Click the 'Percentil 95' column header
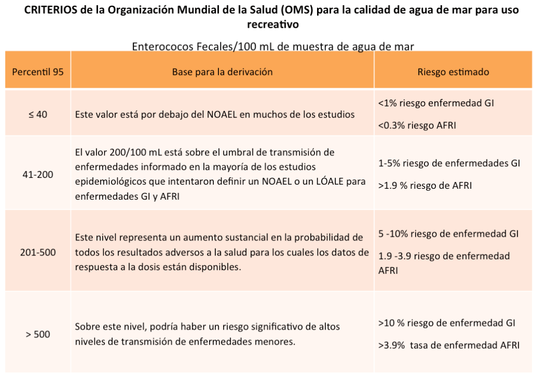(x=38, y=72)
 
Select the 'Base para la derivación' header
(x=222, y=72)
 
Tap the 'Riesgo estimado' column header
(x=453, y=72)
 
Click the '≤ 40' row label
(x=38, y=114)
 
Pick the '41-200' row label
(x=38, y=174)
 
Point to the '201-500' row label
(x=38, y=252)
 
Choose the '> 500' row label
(x=38, y=334)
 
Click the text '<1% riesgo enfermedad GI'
(x=436, y=103)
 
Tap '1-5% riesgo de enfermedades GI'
(x=449, y=163)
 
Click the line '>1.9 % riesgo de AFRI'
(x=425, y=185)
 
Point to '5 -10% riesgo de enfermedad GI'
(x=448, y=233)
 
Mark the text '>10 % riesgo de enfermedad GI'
(x=447, y=323)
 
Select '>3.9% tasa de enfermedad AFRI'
(x=448, y=345)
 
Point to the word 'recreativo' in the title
(x=272, y=24)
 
